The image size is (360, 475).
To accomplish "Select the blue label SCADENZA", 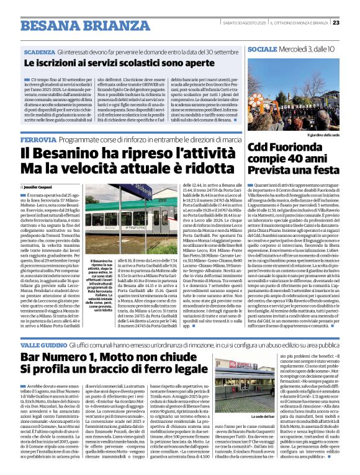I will (x=40, y=52).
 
